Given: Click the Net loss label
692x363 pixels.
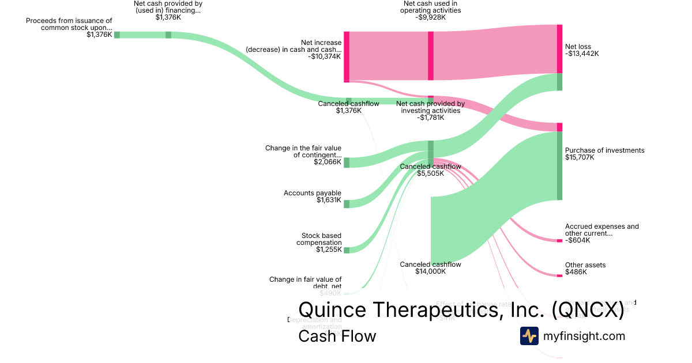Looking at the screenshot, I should (x=578, y=47).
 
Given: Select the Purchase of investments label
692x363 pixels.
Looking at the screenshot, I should (x=604, y=150).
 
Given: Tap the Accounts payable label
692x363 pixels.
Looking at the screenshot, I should (x=313, y=193).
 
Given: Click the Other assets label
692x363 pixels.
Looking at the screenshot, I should (x=585, y=265).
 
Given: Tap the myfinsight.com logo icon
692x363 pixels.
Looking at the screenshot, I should (x=529, y=336).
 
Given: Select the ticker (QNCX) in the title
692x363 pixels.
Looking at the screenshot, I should (x=588, y=310).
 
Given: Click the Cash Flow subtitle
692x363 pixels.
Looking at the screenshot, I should (x=337, y=336).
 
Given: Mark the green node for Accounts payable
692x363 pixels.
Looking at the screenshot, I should (x=347, y=203).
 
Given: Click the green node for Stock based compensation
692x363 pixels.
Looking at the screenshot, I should (x=347, y=250).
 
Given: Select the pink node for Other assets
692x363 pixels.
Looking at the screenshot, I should (x=559, y=276).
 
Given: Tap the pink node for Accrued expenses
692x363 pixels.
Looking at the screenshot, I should (x=559, y=240).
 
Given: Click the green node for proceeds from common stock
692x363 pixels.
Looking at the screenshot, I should (x=117, y=35).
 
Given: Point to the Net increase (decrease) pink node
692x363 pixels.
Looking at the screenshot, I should (x=347, y=56).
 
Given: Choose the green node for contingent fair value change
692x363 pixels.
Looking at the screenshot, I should (x=347, y=162).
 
